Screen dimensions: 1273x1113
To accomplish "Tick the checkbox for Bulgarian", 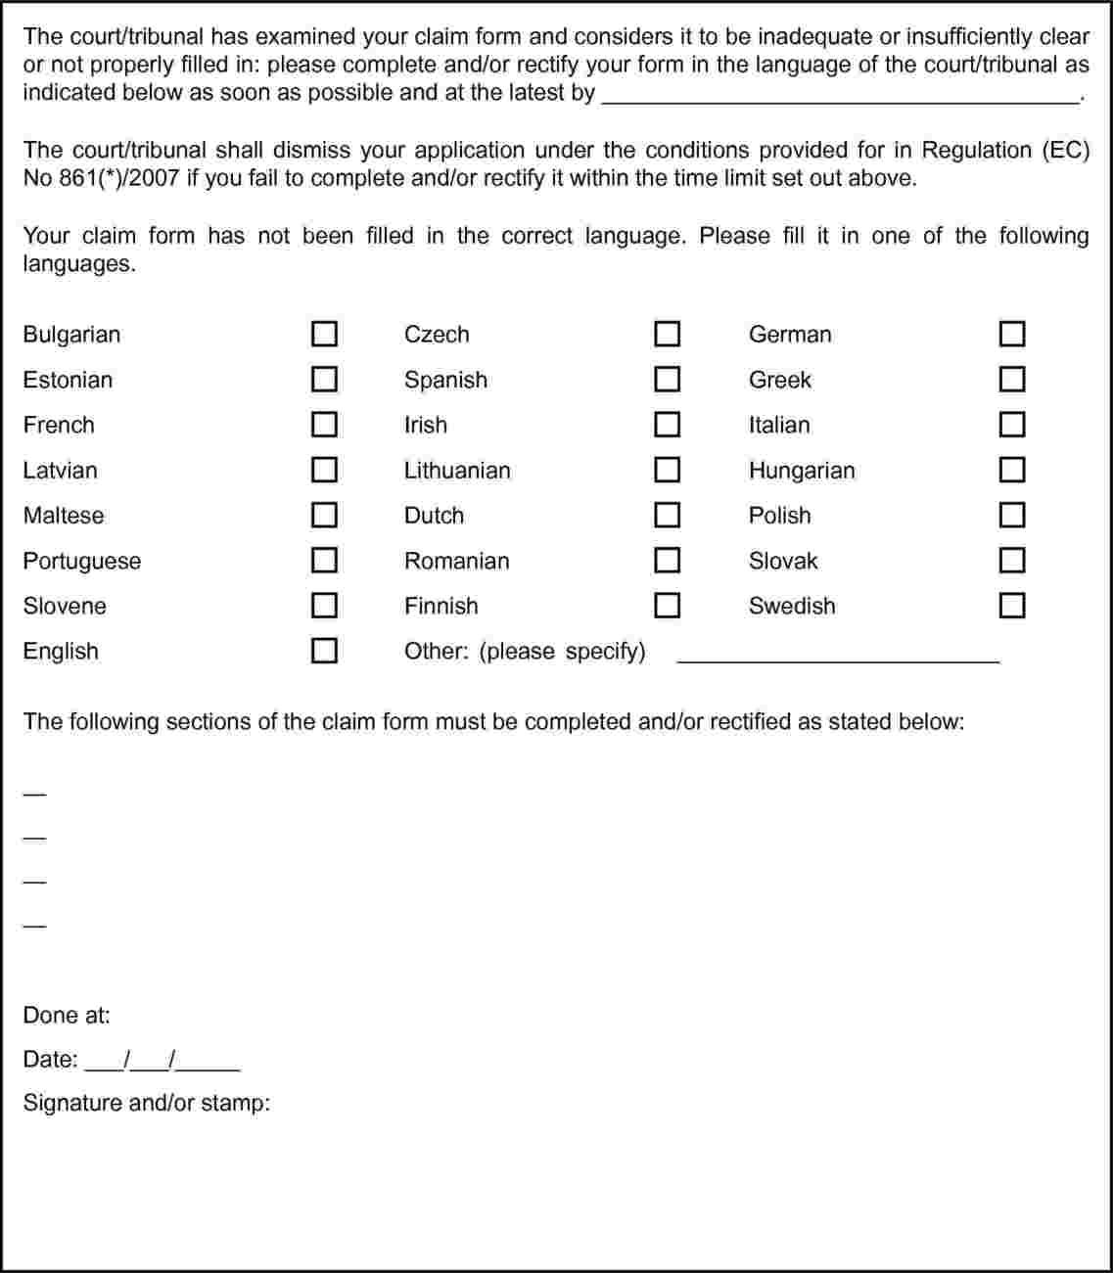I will pyautogui.click(x=325, y=334).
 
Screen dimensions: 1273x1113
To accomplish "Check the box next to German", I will pyautogui.click(x=1012, y=334).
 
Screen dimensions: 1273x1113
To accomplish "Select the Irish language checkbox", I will pyautogui.click(x=667, y=425).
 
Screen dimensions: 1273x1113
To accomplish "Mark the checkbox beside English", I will pyautogui.click(x=325, y=651).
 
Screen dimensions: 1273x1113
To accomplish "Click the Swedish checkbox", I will pyautogui.click(x=1012, y=606).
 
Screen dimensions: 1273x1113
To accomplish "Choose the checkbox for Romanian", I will pyautogui.click(x=667, y=561).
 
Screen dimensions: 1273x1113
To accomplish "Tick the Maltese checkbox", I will pyautogui.click(x=325, y=515).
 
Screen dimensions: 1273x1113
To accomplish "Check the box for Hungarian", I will pyautogui.click(x=1012, y=470).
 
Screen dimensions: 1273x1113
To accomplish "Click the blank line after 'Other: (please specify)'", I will pyautogui.click(x=838, y=656).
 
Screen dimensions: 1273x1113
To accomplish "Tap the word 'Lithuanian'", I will pyautogui.click(x=457, y=471).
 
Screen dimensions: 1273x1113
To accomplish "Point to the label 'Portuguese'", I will pyautogui.click(x=82, y=562).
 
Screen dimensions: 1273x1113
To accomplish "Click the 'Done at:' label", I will pyautogui.click(x=67, y=1016).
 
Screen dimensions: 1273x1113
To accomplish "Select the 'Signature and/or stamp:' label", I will pyautogui.click(x=147, y=1104).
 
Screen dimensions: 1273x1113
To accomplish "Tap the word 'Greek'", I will pyautogui.click(x=780, y=380).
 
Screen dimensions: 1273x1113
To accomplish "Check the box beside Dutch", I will pyautogui.click(x=667, y=515).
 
